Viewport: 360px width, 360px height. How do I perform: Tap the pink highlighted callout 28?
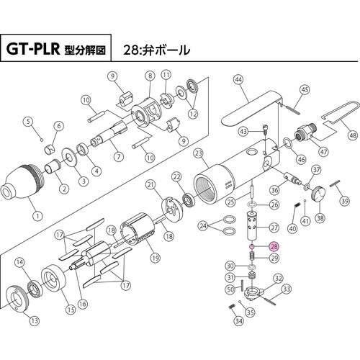(x=273, y=246)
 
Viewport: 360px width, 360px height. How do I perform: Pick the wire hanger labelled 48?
(x=335, y=120)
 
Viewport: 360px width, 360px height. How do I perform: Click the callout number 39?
(x=345, y=202)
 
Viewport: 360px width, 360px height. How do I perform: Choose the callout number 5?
(x=30, y=121)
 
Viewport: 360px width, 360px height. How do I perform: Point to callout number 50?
(x=230, y=289)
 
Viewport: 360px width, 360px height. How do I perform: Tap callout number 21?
(x=151, y=185)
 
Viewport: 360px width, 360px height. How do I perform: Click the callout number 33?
(x=287, y=289)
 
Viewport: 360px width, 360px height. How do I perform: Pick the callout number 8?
(x=150, y=75)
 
